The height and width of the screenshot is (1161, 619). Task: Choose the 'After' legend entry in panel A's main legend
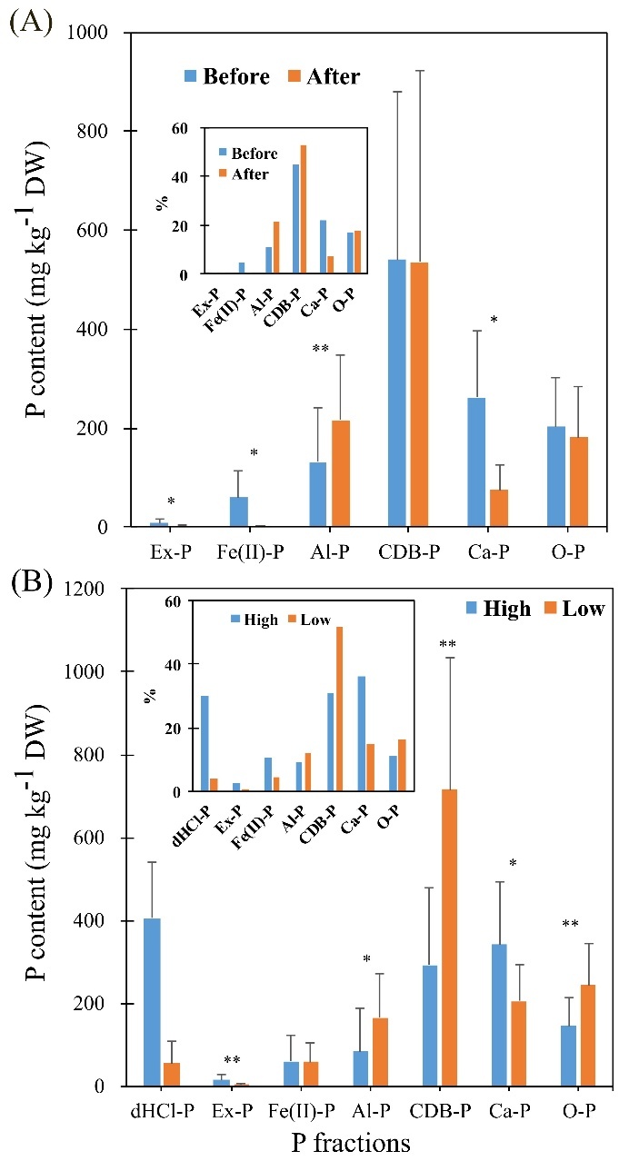[326, 76]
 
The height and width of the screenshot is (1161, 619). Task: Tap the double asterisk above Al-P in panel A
[320, 349]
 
